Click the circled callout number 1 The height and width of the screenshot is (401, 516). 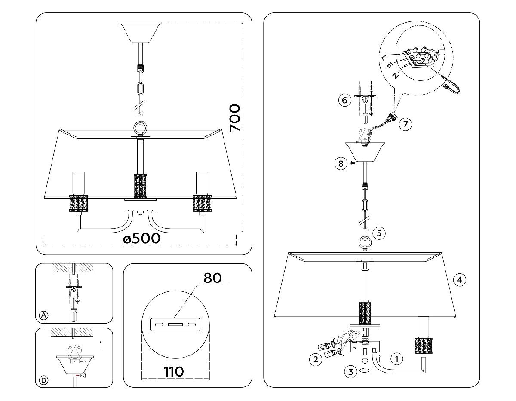[396, 358]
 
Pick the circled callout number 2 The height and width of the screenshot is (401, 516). [316, 359]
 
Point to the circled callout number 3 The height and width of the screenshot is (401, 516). [351, 372]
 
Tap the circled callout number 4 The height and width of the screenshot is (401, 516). [460, 280]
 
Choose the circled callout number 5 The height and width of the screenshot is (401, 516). [378, 233]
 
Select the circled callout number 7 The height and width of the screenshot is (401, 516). [405, 124]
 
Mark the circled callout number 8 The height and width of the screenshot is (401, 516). [340, 163]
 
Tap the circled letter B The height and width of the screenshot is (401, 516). [43, 380]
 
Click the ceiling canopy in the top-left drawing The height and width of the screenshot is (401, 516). [140, 31]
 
